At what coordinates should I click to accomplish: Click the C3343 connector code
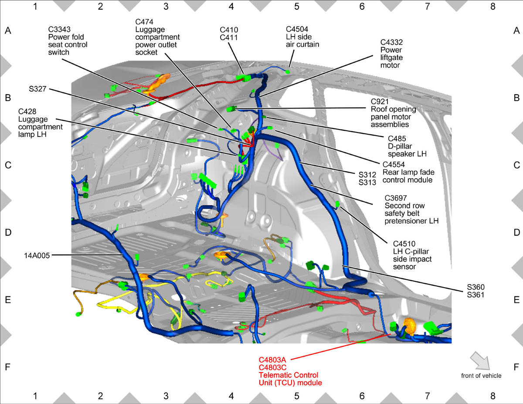pyautogui.click(x=59, y=29)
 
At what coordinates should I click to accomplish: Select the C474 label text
pyautogui.click(x=144, y=22)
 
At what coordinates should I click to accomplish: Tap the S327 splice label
pyautogui.click(x=37, y=89)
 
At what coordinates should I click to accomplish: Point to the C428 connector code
pyautogui.click(x=27, y=112)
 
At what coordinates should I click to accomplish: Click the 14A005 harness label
pyautogui.click(x=37, y=255)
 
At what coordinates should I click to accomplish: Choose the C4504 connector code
pyautogui.click(x=297, y=29)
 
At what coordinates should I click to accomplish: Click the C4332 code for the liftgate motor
pyautogui.click(x=391, y=42)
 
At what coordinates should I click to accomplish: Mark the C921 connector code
pyautogui.click(x=380, y=102)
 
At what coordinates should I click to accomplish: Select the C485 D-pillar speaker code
pyautogui.click(x=397, y=139)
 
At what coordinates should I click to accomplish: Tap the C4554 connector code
pyautogui.click(x=394, y=165)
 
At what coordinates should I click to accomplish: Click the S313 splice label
pyautogui.click(x=367, y=183)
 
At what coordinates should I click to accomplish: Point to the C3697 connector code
pyautogui.click(x=396, y=198)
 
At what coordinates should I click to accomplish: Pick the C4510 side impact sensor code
pyautogui.click(x=404, y=244)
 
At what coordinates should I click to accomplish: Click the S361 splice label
pyautogui.click(x=475, y=295)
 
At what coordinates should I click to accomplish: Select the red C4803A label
pyautogui.click(x=272, y=360)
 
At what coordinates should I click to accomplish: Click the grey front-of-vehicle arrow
pyautogui.click(x=480, y=361)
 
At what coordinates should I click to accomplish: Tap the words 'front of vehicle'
pyautogui.click(x=481, y=376)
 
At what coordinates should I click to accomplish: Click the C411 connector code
pyautogui.click(x=229, y=37)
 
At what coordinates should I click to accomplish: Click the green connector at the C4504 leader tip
pyautogui.click(x=287, y=72)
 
